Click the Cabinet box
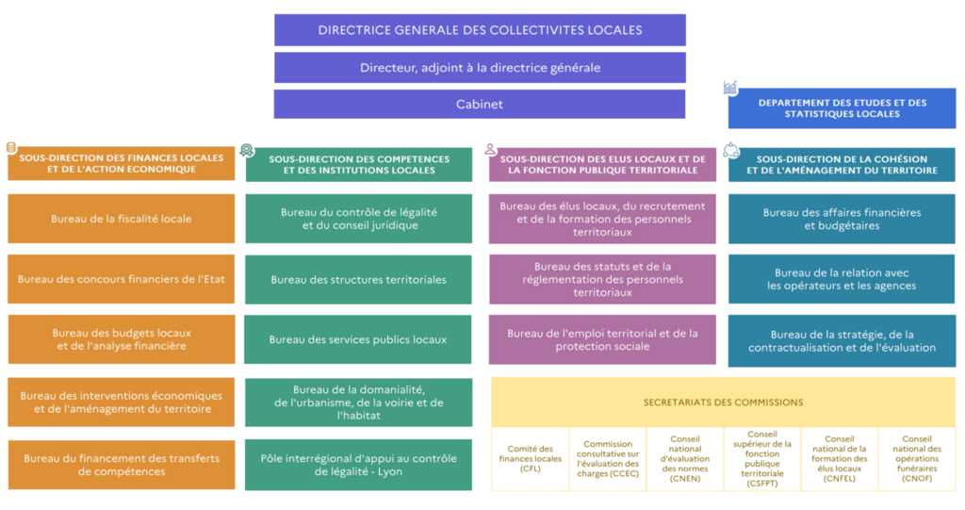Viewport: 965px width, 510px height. (480, 104)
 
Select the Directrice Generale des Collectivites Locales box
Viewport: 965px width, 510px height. (480, 30)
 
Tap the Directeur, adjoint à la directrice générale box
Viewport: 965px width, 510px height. (480, 68)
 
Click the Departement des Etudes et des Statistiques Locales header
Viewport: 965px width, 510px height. (842, 108)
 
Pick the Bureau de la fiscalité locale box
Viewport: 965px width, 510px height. (122, 219)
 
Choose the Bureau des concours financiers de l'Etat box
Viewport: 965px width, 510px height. (122, 279)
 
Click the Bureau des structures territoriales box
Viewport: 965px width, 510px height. (358, 280)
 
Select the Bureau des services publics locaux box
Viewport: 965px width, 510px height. (357, 339)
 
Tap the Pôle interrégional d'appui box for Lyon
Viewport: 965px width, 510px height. (358, 465)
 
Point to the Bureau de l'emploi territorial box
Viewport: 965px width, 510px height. (602, 339)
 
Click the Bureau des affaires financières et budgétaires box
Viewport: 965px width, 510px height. (842, 220)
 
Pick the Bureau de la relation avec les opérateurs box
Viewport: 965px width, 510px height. (842, 279)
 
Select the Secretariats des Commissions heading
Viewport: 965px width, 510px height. (723, 403)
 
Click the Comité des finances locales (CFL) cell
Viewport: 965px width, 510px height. (531, 459)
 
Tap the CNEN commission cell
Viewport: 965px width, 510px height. (685, 459)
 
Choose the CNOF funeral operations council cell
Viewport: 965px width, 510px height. (917, 459)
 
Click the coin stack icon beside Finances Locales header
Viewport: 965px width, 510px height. (11, 148)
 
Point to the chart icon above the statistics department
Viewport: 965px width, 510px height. (730, 88)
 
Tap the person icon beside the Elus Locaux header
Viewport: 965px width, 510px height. (490, 149)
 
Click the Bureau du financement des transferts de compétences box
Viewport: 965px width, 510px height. (122, 465)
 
